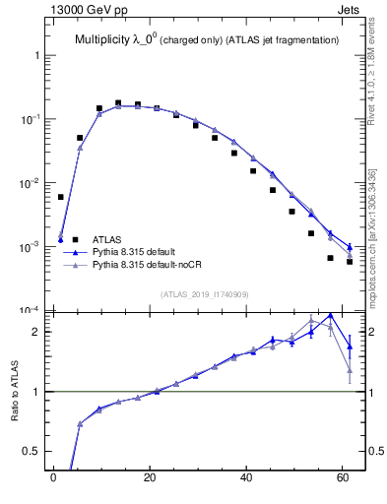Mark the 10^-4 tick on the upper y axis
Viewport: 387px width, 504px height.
coord(30,311)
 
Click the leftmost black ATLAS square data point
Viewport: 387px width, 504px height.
coord(61,197)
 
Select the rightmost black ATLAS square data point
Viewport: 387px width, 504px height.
coord(350,262)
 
